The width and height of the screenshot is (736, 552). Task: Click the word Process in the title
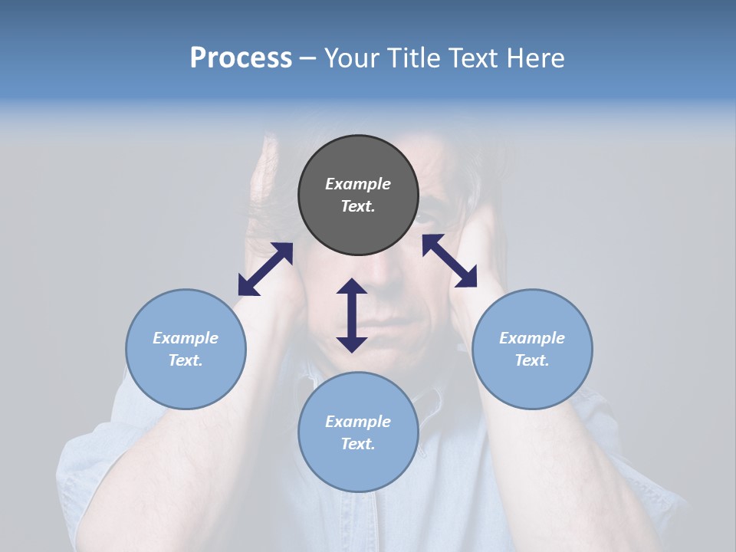pyautogui.click(x=241, y=58)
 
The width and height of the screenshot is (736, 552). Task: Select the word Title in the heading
pyautogui.click(x=416, y=58)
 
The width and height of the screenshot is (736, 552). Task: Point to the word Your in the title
pyautogui.click(x=355, y=58)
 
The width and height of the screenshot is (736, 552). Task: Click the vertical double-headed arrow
pyautogui.click(x=352, y=315)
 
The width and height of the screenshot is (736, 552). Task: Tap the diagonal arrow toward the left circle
pyautogui.click(x=265, y=268)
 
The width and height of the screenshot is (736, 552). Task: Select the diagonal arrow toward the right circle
pyautogui.click(x=449, y=261)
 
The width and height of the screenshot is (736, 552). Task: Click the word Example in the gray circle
pyautogui.click(x=358, y=184)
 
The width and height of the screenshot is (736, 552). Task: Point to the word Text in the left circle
pyautogui.click(x=186, y=360)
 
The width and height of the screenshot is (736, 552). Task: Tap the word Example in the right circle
pyautogui.click(x=532, y=338)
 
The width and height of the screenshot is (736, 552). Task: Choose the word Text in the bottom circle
pyautogui.click(x=358, y=444)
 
